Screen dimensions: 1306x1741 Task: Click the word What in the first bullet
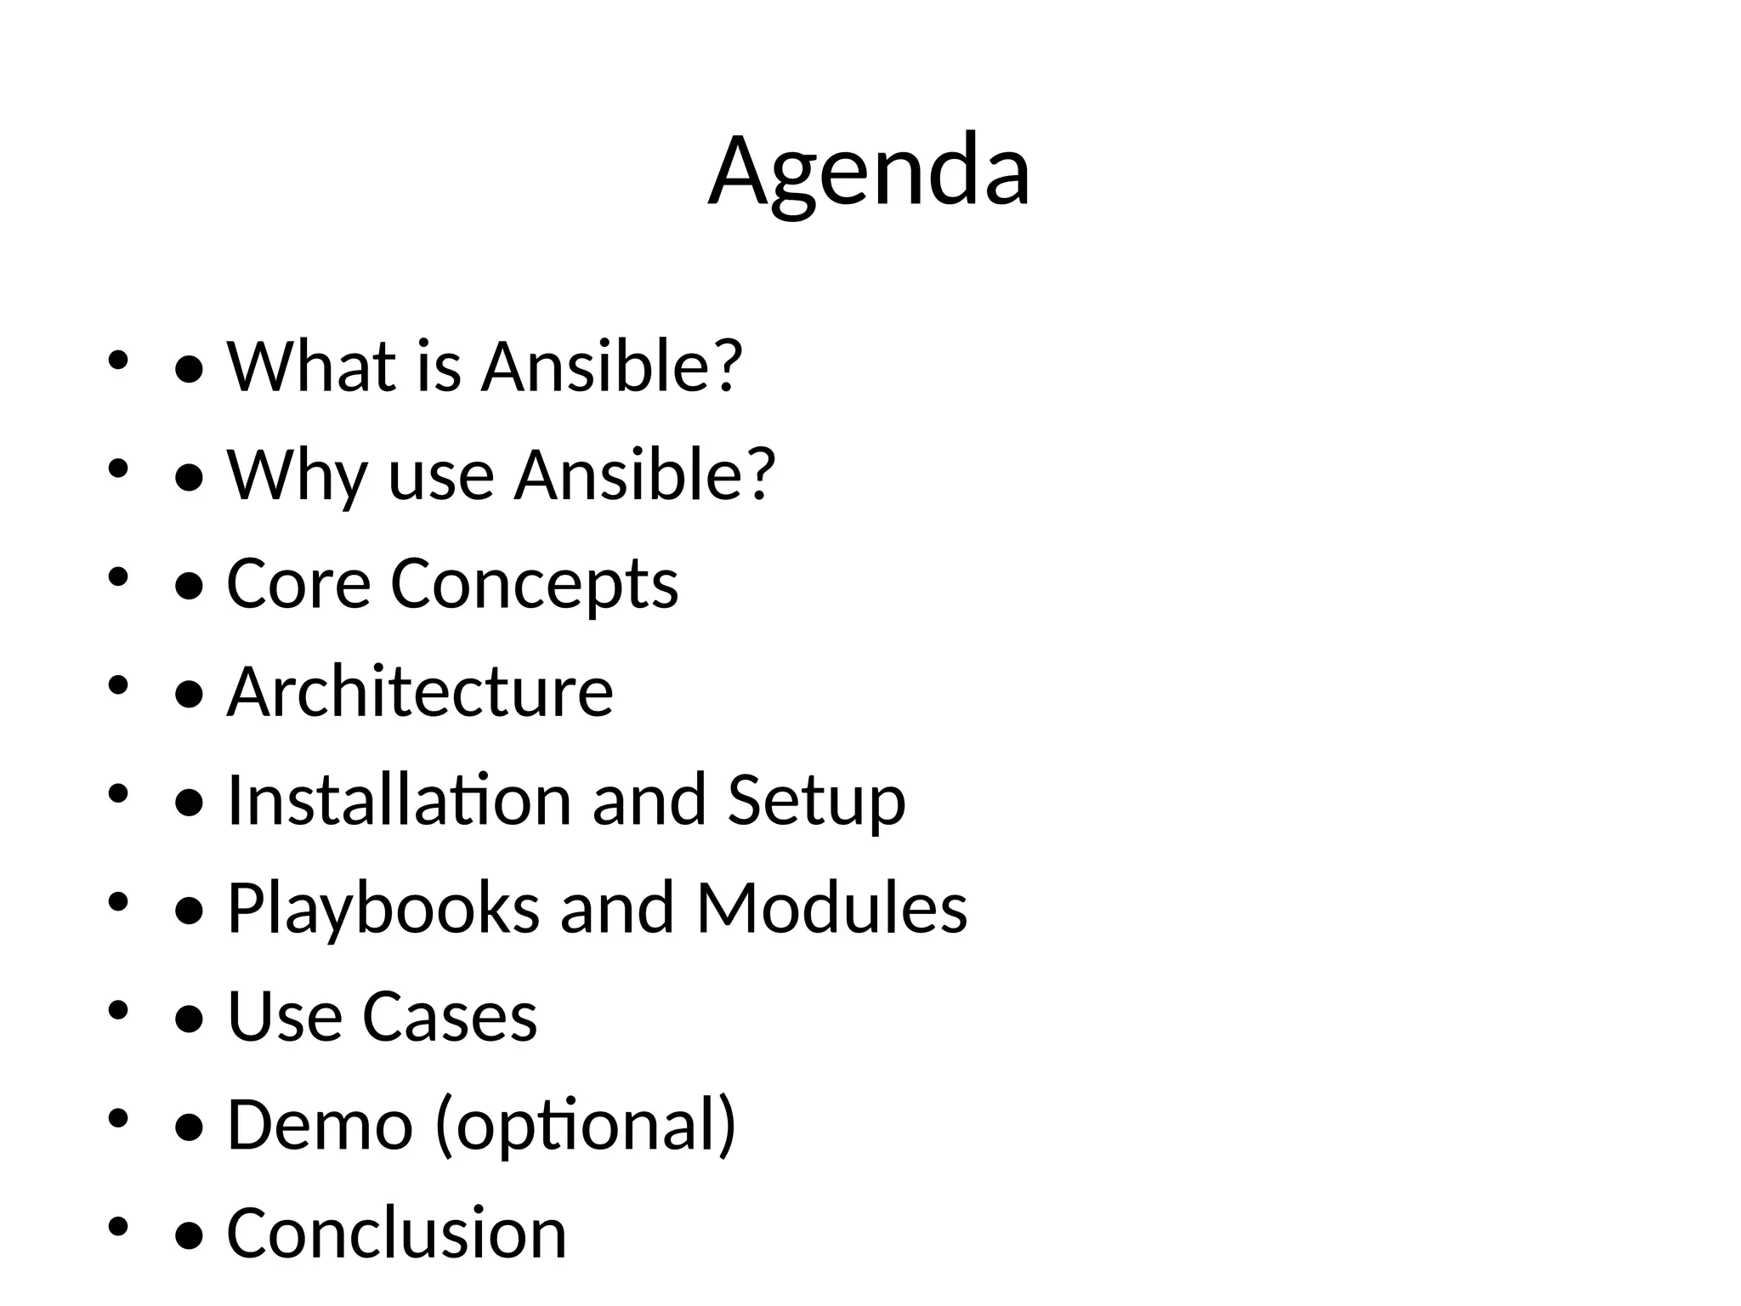point(311,366)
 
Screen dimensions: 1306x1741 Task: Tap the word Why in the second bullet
point(297,474)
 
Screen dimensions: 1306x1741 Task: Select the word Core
point(298,583)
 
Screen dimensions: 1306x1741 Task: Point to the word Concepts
point(534,585)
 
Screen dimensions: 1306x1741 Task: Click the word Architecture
point(420,691)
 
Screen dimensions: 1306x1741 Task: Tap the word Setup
point(817,801)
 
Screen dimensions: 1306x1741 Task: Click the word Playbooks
point(383,908)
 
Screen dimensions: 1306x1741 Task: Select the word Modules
point(831,907)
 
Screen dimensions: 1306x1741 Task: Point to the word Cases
point(450,1015)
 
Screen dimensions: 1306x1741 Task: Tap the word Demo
point(320,1124)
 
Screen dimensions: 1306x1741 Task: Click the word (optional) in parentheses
point(586,1125)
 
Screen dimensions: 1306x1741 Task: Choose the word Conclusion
point(396,1232)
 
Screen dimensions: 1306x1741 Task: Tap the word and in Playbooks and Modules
point(618,907)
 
